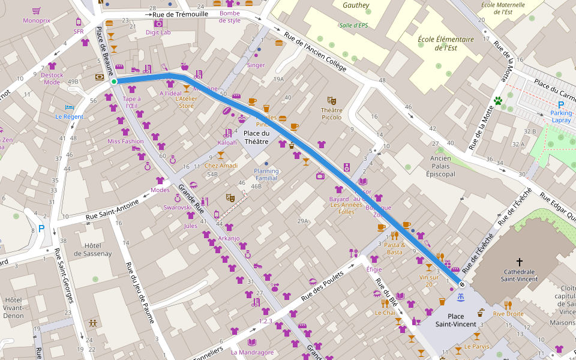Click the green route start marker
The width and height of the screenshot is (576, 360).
[x=113, y=81]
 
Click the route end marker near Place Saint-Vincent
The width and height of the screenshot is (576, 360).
[x=462, y=284]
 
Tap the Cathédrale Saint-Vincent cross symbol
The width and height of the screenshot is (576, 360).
[x=520, y=262]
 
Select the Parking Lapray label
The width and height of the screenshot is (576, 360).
[x=562, y=116]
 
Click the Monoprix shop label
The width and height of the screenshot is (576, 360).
[x=37, y=20]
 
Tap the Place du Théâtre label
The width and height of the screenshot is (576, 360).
[x=256, y=137]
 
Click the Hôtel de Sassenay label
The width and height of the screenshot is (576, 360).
[x=92, y=249]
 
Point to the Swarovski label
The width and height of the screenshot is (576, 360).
[x=178, y=207]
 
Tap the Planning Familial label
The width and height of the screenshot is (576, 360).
[x=266, y=174]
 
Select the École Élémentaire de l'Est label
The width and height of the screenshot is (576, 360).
[x=446, y=44]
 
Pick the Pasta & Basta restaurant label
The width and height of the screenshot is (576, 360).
[x=394, y=248]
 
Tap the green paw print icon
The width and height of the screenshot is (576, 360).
[x=497, y=101]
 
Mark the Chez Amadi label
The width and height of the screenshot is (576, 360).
[x=221, y=166]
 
